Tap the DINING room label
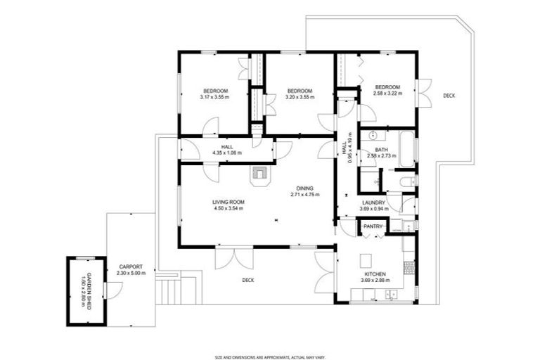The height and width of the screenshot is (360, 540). pos(304,187)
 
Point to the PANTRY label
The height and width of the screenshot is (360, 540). pos(373,226)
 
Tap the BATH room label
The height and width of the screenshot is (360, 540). pos(381,150)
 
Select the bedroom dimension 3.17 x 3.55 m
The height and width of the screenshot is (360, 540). pos(215,98)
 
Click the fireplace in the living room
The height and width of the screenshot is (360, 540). pos(259,173)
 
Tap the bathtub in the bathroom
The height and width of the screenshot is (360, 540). pos(406,148)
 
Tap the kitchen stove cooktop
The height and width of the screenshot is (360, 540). pos(409,267)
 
